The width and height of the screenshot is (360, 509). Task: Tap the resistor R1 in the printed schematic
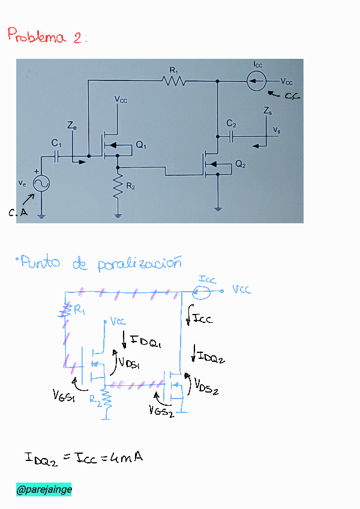(174, 80)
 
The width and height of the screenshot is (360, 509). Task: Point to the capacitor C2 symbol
(231, 136)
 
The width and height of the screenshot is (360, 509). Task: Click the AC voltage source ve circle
(41, 183)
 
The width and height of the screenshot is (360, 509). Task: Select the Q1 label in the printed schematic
(141, 145)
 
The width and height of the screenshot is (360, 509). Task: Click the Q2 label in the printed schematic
(240, 164)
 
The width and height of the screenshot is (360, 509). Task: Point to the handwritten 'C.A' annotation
(18, 212)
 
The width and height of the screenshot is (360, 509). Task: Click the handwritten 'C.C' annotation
(291, 96)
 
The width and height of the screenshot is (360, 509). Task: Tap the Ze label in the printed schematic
(71, 127)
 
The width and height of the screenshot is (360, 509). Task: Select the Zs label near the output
(268, 111)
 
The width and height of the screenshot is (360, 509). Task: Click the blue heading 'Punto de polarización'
(99, 263)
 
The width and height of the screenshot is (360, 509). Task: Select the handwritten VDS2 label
(206, 387)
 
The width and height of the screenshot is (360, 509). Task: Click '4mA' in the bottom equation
(127, 458)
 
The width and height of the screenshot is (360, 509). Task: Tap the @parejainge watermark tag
(44, 490)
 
